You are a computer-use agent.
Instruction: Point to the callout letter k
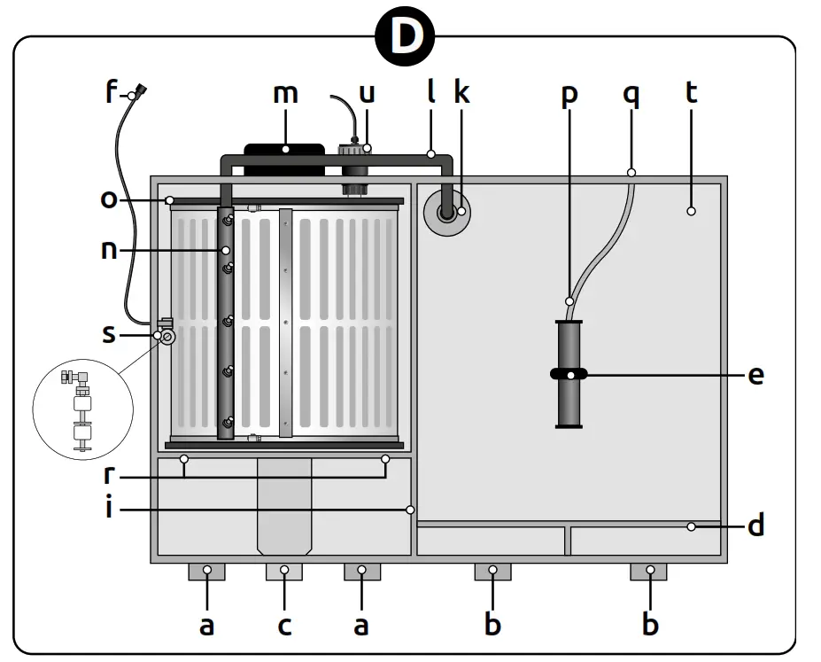pyautogui.click(x=461, y=92)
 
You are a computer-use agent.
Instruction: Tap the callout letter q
pyautogui.click(x=631, y=92)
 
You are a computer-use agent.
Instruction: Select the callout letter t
pyautogui.click(x=692, y=92)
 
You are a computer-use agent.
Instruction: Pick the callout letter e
pyautogui.click(x=755, y=375)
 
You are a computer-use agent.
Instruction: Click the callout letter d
pyautogui.click(x=755, y=526)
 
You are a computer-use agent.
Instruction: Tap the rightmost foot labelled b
pyautogui.click(x=648, y=572)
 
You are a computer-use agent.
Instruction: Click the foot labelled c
pyautogui.click(x=283, y=572)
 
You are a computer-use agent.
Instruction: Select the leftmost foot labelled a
pyautogui.click(x=206, y=572)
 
